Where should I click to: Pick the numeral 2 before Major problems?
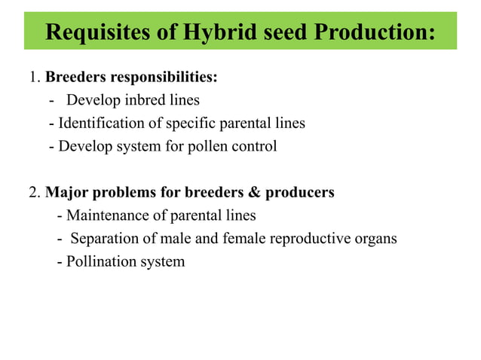[x=33, y=192]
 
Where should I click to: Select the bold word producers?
[x=296, y=192]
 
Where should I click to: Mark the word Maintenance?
[x=106, y=215]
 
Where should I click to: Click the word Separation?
[x=106, y=239]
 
